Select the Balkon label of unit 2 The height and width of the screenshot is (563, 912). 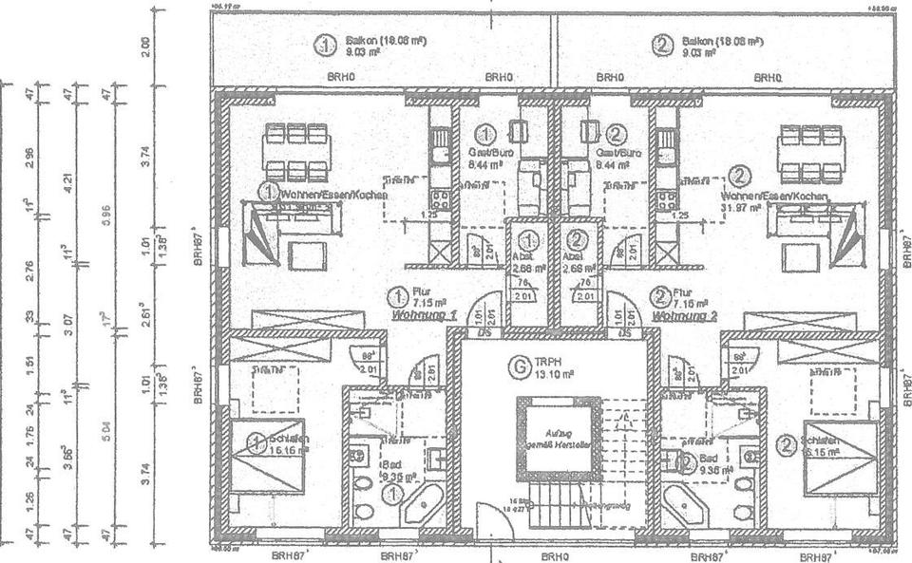pyautogui.click(x=721, y=43)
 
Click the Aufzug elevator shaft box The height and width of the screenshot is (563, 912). pyautogui.click(x=554, y=436)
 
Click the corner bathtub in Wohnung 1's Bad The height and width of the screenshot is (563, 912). pyautogui.click(x=423, y=505)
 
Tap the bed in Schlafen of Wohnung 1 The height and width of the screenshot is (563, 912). pyautogui.click(x=269, y=457)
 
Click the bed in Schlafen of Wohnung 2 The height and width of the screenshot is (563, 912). pyautogui.click(x=840, y=457)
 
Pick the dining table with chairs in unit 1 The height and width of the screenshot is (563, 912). pyautogui.click(x=294, y=152)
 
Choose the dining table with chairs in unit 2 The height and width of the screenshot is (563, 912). pyautogui.click(x=813, y=152)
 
